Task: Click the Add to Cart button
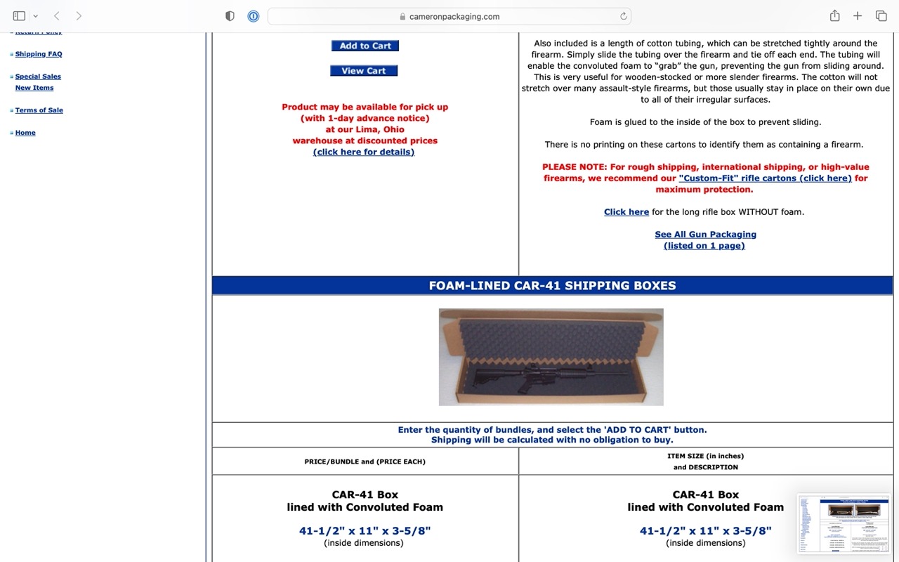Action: pyautogui.click(x=365, y=46)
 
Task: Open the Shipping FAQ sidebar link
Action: pyautogui.click(x=39, y=54)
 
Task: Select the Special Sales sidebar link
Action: pyautogui.click(x=38, y=77)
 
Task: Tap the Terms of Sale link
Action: pyautogui.click(x=39, y=110)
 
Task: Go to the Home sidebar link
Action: pyautogui.click(x=25, y=133)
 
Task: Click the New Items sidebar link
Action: pyautogui.click(x=34, y=88)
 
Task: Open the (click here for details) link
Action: pyautogui.click(x=364, y=152)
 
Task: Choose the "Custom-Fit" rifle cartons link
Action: pyautogui.click(x=765, y=178)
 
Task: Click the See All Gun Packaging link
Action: pyautogui.click(x=705, y=235)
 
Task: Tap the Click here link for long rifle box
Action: pyautogui.click(x=626, y=212)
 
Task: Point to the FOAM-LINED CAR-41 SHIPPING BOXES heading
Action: pyautogui.click(x=552, y=286)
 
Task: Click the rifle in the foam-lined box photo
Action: pyautogui.click(x=534, y=372)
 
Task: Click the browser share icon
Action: pyautogui.click(x=834, y=16)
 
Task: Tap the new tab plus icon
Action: pyautogui.click(x=858, y=16)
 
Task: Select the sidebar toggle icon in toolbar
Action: pyautogui.click(x=19, y=16)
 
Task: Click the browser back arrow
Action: pyautogui.click(x=57, y=16)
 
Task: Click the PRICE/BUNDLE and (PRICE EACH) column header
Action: pyautogui.click(x=365, y=462)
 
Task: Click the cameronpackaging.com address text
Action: pyautogui.click(x=454, y=17)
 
